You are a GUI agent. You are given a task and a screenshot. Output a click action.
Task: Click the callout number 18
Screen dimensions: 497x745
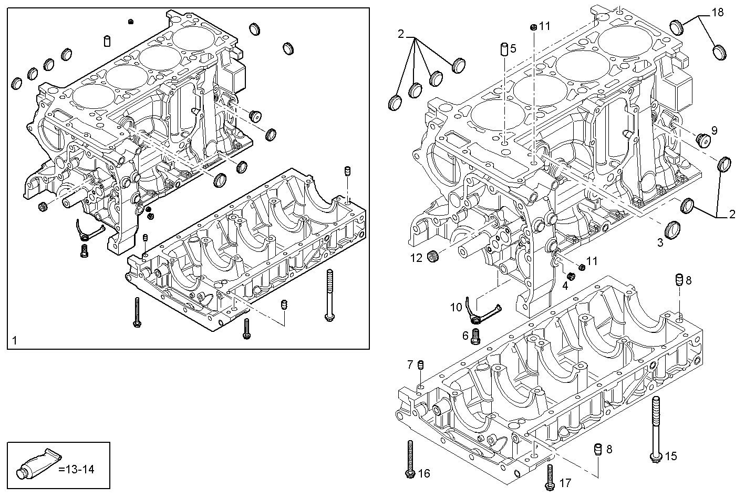point(717,12)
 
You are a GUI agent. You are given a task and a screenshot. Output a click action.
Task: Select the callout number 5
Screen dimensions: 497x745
point(513,49)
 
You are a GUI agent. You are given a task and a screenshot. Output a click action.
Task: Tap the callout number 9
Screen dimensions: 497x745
point(714,130)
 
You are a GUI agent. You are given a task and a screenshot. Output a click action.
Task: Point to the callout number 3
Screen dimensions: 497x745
point(660,242)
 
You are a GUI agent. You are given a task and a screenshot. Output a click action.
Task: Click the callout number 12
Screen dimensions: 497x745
point(416,258)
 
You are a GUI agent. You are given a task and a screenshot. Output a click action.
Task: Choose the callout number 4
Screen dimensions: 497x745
point(565,286)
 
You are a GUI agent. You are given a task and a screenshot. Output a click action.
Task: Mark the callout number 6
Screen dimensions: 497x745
point(465,335)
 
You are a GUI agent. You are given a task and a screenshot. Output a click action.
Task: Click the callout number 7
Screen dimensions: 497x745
point(410,364)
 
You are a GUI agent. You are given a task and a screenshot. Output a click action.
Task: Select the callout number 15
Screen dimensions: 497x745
point(671,456)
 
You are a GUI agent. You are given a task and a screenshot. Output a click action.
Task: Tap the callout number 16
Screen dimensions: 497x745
point(424,474)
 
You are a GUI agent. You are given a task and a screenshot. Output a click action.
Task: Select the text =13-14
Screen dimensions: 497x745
point(77,469)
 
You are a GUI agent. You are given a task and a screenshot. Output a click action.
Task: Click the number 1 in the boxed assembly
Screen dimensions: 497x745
point(15,341)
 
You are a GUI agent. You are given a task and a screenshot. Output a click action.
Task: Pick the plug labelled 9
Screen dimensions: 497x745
point(701,140)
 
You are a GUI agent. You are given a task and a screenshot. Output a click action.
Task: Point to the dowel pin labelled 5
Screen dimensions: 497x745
point(503,49)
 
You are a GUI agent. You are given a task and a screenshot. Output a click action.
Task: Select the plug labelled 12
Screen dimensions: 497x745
point(433,258)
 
